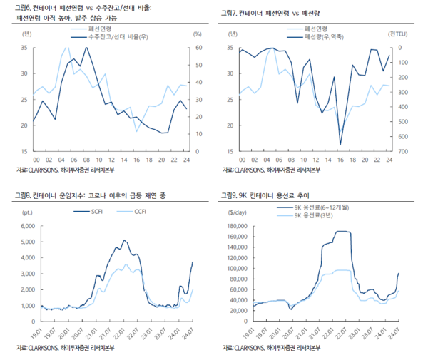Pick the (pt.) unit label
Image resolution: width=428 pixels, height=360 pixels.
coord(27,212)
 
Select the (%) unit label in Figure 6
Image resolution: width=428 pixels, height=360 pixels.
coord(198,34)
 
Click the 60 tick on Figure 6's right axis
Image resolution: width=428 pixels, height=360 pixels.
coord(198,47)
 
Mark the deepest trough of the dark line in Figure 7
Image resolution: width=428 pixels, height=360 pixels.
coord(340,145)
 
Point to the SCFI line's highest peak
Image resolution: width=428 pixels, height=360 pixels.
coord(124,240)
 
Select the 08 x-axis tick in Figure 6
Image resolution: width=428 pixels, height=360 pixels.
coord(86,160)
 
